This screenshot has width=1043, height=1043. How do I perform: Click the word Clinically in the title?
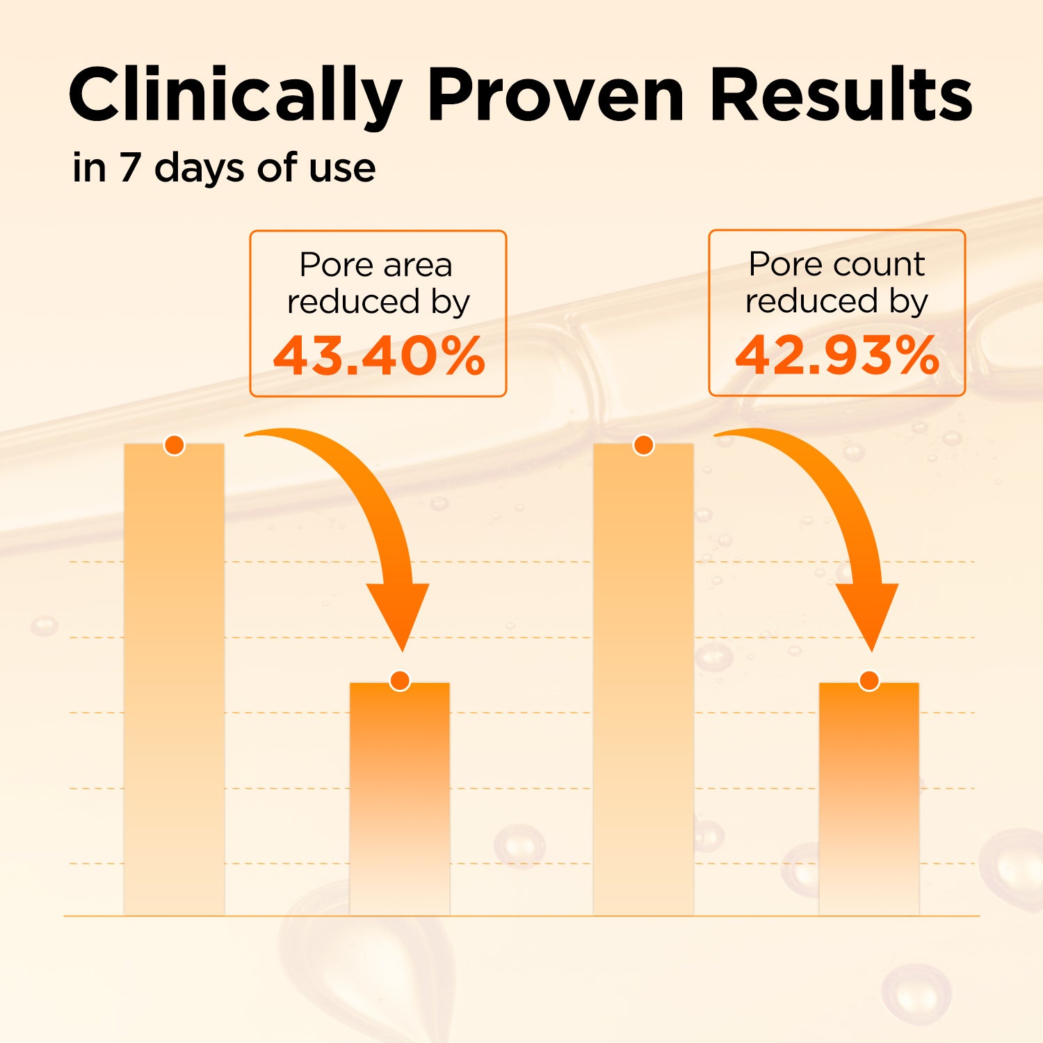click(x=235, y=96)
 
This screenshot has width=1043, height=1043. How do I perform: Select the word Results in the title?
click(x=841, y=96)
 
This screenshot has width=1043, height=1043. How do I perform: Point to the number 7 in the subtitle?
click(x=129, y=169)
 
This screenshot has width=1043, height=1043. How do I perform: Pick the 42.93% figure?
click(x=837, y=356)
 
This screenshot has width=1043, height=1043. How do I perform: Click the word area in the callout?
click(x=418, y=265)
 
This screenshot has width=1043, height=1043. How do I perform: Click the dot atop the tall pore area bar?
click(x=175, y=445)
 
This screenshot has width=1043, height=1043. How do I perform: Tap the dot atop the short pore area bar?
click(x=400, y=681)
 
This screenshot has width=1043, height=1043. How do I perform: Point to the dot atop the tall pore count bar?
click(x=644, y=445)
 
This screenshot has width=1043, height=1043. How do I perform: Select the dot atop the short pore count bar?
click(x=869, y=681)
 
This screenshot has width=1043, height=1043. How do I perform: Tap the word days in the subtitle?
click(x=200, y=169)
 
